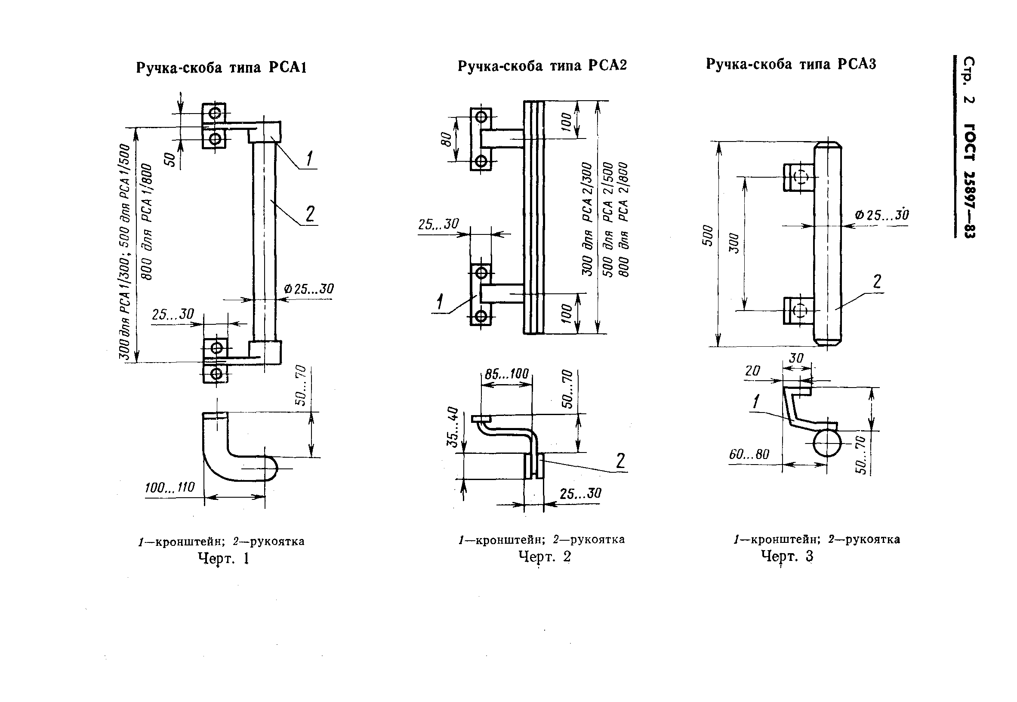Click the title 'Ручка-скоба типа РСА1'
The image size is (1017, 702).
click(221, 68)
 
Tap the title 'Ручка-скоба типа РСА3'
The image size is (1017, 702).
click(791, 64)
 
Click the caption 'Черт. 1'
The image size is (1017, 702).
click(223, 558)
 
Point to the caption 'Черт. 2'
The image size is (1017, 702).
click(545, 557)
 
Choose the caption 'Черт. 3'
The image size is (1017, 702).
click(787, 556)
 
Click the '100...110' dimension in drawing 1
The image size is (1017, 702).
click(170, 487)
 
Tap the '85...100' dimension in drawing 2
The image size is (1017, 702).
click(507, 374)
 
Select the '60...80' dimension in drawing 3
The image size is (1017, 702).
click(749, 454)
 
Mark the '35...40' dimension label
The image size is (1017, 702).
click(453, 427)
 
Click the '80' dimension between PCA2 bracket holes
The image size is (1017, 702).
click(446, 139)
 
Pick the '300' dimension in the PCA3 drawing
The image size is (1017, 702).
click(734, 243)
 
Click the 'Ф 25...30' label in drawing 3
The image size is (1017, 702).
click(881, 215)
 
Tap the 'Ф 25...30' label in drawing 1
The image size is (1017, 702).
click(309, 289)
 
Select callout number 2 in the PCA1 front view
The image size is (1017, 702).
click(310, 214)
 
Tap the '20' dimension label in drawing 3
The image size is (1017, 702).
click(752, 371)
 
